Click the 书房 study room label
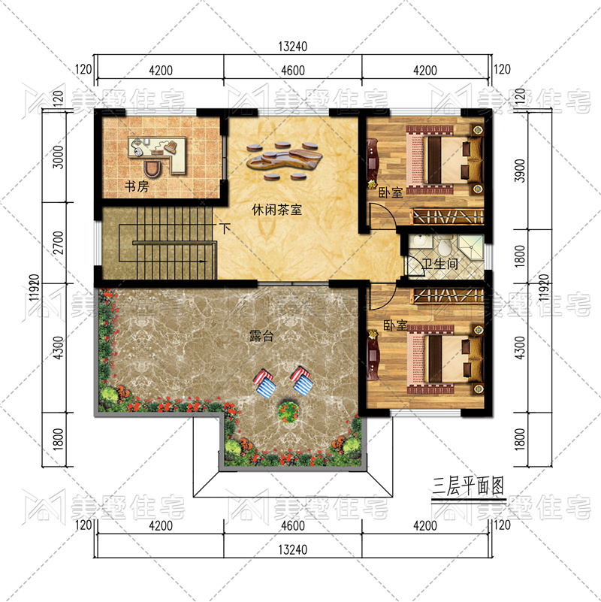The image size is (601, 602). point(137,186)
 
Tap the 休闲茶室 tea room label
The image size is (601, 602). point(276,210)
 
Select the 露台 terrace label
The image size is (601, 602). point(261,336)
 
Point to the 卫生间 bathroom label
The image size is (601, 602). point(439,264)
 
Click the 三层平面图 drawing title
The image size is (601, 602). point(468,486)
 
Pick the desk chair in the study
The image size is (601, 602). point(153,168)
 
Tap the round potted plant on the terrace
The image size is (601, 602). point(288,413)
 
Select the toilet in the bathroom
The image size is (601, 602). point(445,247)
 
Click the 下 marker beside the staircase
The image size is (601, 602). point(225,228)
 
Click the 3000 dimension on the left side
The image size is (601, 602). point(58,156)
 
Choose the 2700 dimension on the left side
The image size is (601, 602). point(58,243)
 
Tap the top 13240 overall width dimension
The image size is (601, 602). point(293,47)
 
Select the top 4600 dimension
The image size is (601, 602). point(293,71)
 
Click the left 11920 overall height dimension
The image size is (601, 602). point(34,288)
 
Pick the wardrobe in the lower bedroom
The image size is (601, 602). point(448,295)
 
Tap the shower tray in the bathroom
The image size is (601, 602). point(471,246)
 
